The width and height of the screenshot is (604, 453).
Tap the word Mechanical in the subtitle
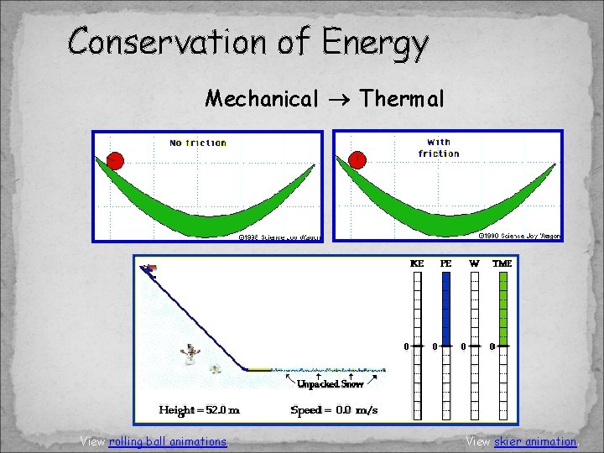[x=262, y=99]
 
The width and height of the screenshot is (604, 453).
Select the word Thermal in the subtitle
[x=402, y=99]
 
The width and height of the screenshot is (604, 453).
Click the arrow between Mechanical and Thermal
[x=339, y=100]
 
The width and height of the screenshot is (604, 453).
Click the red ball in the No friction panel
[x=115, y=159]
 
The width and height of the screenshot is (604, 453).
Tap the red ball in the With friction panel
[x=357, y=159]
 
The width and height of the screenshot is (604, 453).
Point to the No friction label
[x=198, y=143]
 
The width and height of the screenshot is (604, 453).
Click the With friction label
[x=438, y=148]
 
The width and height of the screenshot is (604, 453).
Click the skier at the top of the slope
[x=150, y=268]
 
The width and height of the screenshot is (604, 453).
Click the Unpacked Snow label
[x=329, y=383]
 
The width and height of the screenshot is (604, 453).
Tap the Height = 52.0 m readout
[x=200, y=410]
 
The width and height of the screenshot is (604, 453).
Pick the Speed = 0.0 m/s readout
[x=334, y=410]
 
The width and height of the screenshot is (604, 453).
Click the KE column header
[x=417, y=263]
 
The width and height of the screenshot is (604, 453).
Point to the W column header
[x=475, y=263]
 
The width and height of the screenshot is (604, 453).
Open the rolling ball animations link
[x=168, y=441]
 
